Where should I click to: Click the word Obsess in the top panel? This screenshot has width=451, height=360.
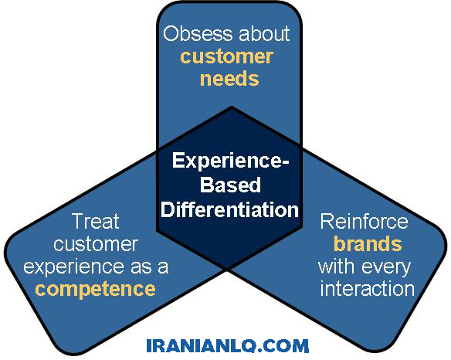pos(198,33)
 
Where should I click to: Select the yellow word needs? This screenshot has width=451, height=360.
pos(229,78)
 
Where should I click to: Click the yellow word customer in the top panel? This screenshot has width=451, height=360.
pos(226,56)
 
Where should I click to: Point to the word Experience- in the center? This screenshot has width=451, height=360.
pos(230,161)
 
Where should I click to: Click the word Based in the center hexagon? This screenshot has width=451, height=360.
pos(230,185)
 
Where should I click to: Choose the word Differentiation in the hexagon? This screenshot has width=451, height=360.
pos(229,209)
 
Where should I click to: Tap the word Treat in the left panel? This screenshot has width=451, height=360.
pos(96,221)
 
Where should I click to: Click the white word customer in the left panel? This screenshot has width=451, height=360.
pos(96,244)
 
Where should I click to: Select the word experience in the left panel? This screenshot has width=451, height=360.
pos(73,267)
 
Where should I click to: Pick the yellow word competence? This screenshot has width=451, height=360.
pos(95,289)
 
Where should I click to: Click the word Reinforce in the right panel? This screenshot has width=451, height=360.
pos(365,221)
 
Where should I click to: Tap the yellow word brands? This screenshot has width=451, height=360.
pos(368,244)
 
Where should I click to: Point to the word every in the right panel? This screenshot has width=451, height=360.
pos(386,268)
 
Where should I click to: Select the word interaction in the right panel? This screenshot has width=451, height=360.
pos(368,289)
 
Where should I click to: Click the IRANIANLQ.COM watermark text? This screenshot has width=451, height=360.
pos(228,345)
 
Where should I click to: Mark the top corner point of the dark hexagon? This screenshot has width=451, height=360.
pos(231,107)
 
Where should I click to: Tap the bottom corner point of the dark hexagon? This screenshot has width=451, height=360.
pos(226,270)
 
